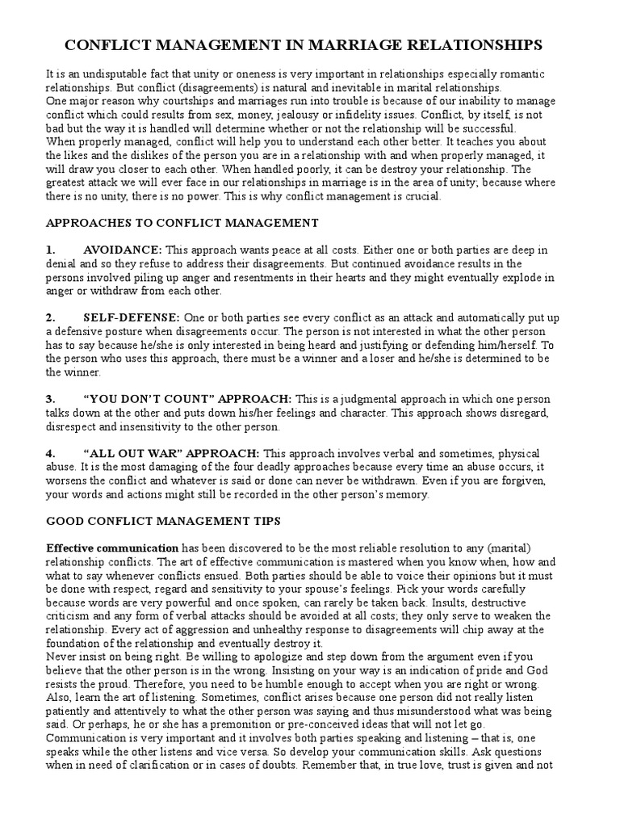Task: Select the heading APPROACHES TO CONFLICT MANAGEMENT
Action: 182,223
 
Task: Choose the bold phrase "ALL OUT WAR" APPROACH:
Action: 171,454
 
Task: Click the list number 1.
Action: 50,250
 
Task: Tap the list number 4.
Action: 50,454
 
